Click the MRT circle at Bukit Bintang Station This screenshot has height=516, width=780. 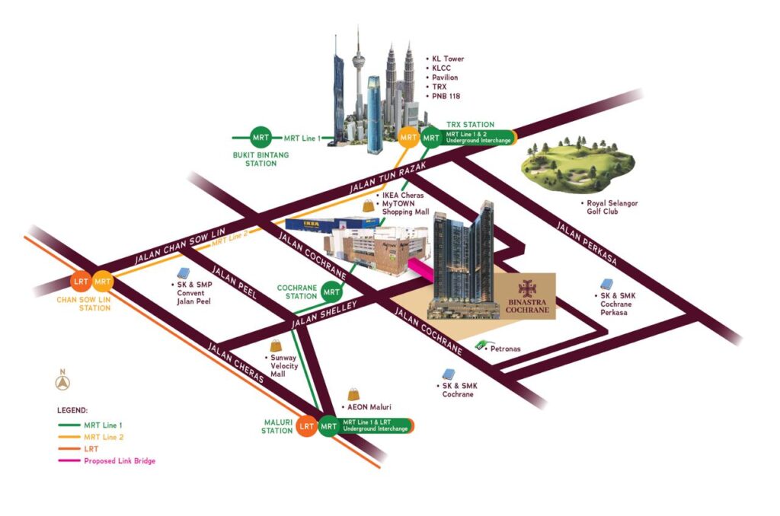(x=260, y=138)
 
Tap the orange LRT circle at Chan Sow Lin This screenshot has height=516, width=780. (x=82, y=282)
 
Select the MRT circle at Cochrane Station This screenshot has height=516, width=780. (x=331, y=291)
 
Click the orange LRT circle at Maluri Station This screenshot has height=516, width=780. (x=307, y=426)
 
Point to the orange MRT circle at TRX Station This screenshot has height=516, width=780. (x=409, y=138)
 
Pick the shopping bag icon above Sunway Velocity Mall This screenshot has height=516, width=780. (x=276, y=346)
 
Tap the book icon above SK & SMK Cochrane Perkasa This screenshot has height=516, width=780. (x=607, y=285)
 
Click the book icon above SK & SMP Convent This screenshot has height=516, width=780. (x=183, y=273)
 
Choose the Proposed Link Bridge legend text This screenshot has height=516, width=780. (x=120, y=461)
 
